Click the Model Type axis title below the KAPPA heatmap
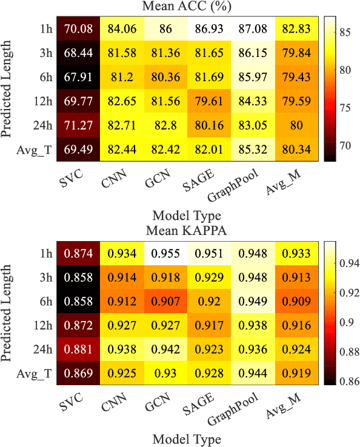(185, 439)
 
